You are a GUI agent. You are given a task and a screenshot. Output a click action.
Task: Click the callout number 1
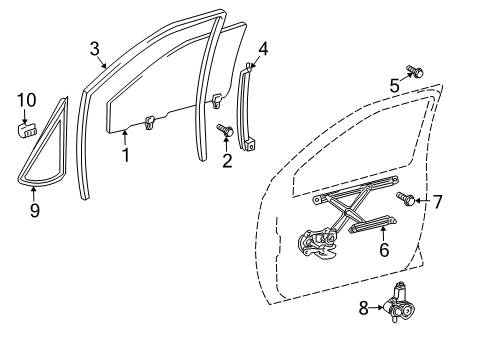coord(125,155)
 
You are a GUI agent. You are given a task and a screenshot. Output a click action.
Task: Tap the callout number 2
coord(227,160)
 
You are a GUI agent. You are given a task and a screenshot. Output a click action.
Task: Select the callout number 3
coord(95,49)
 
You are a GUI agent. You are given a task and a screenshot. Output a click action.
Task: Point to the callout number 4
coord(263,49)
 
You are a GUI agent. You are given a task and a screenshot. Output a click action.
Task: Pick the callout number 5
coord(395,85)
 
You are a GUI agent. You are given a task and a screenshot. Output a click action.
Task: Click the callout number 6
coord(384,250)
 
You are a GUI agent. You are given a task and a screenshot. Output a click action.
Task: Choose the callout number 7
coord(437,202)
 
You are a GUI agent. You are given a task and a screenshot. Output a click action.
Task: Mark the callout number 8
coord(363,308)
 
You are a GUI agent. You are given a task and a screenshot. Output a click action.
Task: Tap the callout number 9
coord(35,210)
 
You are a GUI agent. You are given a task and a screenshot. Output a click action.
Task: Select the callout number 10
coord(27,100)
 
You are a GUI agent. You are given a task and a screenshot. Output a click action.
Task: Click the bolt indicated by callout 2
coord(225,129)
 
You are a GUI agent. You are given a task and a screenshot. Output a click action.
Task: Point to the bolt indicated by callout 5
coord(415,71)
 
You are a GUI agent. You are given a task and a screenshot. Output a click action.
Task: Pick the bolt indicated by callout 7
coord(405,199)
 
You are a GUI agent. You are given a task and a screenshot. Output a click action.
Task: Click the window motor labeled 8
coord(397,303)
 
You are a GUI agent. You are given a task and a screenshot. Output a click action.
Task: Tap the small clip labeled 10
coord(26,130)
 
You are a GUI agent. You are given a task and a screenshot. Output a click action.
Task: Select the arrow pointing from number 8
coord(376,307)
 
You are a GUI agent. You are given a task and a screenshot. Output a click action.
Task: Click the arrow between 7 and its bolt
coord(423,201)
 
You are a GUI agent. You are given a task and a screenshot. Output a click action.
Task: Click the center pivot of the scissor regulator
coord(348,211)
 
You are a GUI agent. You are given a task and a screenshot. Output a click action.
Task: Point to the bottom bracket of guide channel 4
coord(250,144)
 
